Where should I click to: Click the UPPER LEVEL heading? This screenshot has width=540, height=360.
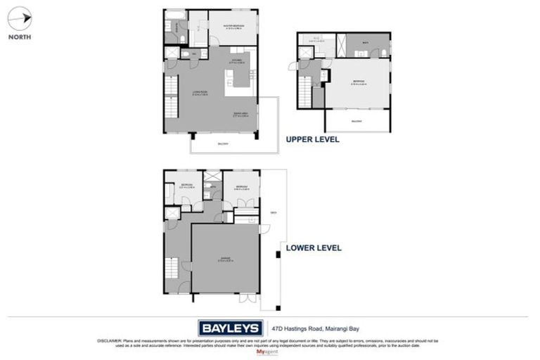pyautogui.click(x=312, y=139)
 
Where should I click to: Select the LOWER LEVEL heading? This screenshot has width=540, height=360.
pyautogui.click(x=313, y=247)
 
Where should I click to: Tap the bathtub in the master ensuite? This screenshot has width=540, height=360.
pyautogui.click(x=176, y=14)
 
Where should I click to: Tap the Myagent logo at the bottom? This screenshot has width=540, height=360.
pyautogui.click(x=269, y=351)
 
